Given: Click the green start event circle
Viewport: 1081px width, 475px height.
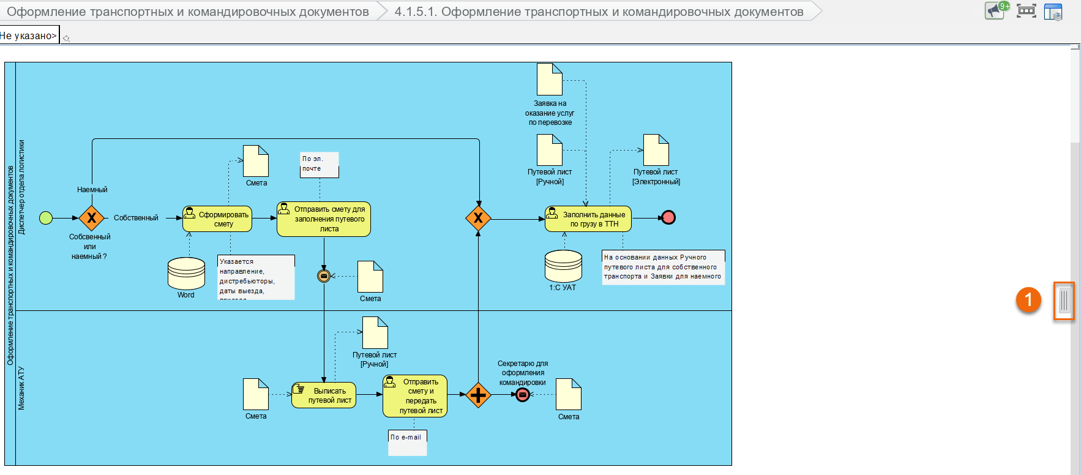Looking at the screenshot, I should click(x=46, y=217).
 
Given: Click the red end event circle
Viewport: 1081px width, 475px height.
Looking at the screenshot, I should click(x=668, y=217).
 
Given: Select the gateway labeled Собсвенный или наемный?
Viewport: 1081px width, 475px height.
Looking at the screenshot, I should click(x=91, y=218).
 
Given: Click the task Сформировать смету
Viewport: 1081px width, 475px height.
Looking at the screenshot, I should click(x=217, y=219).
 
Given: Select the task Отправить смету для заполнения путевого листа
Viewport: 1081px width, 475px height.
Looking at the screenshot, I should click(x=324, y=219).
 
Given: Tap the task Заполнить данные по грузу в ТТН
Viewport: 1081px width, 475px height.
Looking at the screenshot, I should click(x=588, y=219).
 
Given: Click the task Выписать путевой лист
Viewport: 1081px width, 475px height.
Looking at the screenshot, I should click(x=324, y=395).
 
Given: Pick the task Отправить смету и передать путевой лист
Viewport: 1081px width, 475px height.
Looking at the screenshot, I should click(x=415, y=396).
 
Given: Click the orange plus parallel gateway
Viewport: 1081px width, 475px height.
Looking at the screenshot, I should click(x=478, y=395).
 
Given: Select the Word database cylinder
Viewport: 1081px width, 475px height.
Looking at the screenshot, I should click(x=186, y=273).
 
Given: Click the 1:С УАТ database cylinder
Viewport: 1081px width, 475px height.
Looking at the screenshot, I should click(x=563, y=266).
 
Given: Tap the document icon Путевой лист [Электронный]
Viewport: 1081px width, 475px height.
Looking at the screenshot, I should click(x=656, y=150).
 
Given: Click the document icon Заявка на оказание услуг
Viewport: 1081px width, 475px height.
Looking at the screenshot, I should click(x=549, y=80).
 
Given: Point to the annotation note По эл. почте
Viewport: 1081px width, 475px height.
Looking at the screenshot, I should click(x=319, y=165).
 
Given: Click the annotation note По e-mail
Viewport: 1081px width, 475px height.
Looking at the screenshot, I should click(x=407, y=443).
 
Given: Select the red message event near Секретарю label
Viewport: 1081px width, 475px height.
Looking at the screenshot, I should click(x=522, y=395).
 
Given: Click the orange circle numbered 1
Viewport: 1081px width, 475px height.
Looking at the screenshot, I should click(x=1028, y=300).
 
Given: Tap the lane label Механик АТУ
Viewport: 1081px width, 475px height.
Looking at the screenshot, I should click(x=21, y=388).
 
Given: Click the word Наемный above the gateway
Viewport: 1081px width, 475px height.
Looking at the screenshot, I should click(x=92, y=190).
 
